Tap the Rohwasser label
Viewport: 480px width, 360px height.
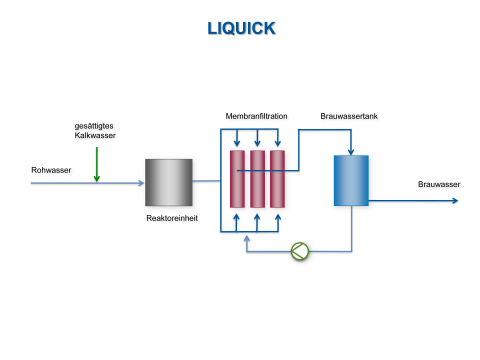click(x=51, y=170)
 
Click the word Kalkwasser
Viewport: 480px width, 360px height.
click(x=97, y=136)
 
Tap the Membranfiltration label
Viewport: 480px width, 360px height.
click(x=257, y=117)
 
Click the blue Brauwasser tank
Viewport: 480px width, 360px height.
click(x=351, y=180)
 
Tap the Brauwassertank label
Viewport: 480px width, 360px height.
click(x=349, y=117)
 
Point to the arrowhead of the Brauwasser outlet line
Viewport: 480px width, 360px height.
click(x=455, y=201)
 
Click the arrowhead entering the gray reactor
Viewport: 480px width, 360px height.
click(x=141, y=183)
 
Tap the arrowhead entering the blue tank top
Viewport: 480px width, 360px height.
click(x=351, y=151)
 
